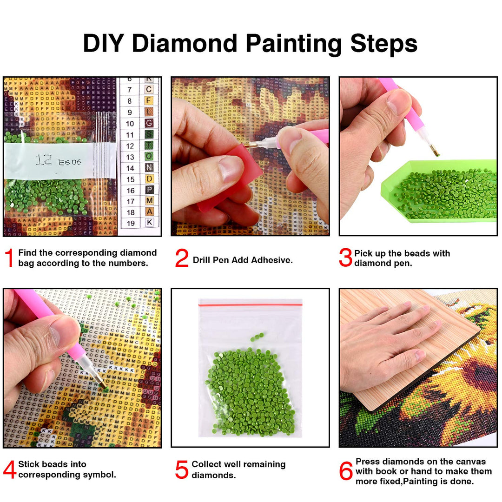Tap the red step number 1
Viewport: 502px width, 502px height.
click(9, 258)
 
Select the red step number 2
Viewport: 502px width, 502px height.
click(182, 258)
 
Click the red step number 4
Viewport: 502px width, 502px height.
click(9, 469)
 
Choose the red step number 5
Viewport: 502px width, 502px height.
click(182, 469)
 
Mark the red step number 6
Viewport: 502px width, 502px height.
click(346, 471)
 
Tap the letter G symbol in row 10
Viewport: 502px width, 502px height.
click(149, 123)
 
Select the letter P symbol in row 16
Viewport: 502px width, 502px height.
click(149, 190)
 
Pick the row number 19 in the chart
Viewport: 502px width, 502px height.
click(131, 223)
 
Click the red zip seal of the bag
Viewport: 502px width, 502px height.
click(250, 304)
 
